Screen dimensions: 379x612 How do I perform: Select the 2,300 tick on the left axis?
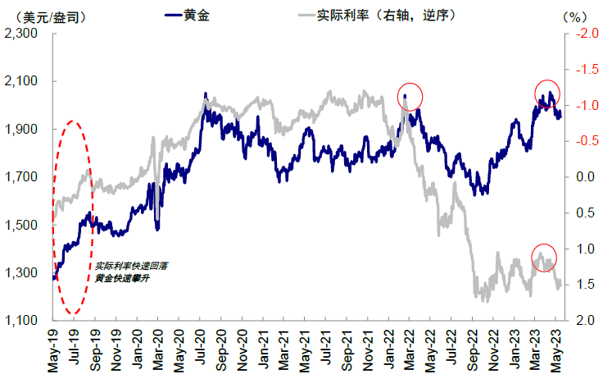[23, 34]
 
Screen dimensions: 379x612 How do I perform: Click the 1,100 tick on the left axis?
[23, 321]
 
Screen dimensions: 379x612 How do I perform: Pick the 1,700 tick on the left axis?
[23, 177]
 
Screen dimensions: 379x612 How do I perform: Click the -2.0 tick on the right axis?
[585, 34]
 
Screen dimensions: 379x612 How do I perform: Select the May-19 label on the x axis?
[53, 349]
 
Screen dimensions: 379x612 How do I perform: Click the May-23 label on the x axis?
[558, 349]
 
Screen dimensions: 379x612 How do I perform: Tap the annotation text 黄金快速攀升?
[121, 278]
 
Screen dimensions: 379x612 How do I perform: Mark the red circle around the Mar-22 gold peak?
[410, 96]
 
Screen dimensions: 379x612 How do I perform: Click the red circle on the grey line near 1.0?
[543, 258]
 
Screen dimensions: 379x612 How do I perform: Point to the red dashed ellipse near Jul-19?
[74, 217]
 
